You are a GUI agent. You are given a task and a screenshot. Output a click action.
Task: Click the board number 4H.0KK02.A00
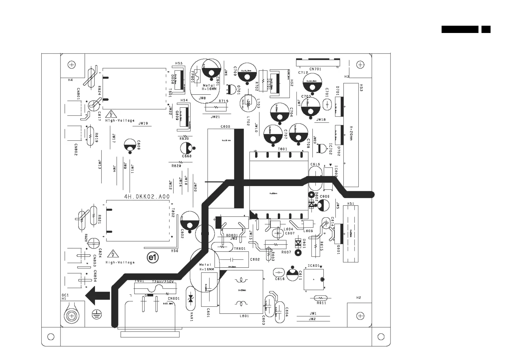click(x=147, y=197)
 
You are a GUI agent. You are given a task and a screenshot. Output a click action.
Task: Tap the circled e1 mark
click(x=153, y=257)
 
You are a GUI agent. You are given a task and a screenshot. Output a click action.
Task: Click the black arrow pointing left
click(x=98, y=296)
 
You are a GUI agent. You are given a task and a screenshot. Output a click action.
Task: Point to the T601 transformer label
click(x=282, y=149)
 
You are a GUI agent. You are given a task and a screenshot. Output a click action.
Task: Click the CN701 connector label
click(x=315, y=69)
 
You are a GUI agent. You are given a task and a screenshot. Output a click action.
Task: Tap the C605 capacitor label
click(x=225, y=126)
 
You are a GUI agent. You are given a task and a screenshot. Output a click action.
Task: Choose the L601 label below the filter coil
click(x=244, y=316)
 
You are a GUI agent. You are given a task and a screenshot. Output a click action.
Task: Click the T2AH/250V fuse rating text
click(x=163, y=282)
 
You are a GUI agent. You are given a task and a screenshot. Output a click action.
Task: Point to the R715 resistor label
click(x=223, y=101)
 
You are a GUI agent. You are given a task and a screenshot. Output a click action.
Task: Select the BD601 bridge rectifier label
click(x=232, y=235)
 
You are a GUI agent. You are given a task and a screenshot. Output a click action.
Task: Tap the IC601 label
click(x=313, y=266)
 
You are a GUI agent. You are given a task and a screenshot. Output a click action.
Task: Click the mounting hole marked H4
click(x=72, y=65)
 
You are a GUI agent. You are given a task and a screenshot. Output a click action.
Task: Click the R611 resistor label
click(x=321, y=303)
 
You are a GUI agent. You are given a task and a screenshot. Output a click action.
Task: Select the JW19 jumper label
click(x=143, y=123)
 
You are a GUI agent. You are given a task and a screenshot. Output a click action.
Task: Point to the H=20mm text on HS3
click(x=351, y=133)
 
